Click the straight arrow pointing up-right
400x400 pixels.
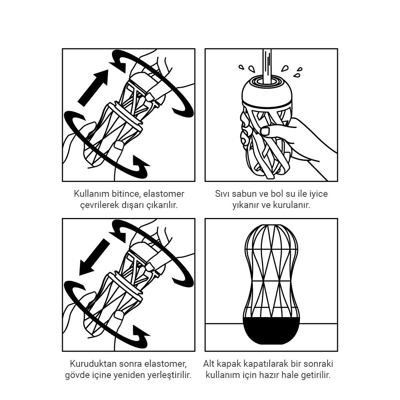(x=93, y=88)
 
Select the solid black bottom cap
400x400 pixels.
(x=271, y=332)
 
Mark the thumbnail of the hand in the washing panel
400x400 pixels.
(x=265, y=131)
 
